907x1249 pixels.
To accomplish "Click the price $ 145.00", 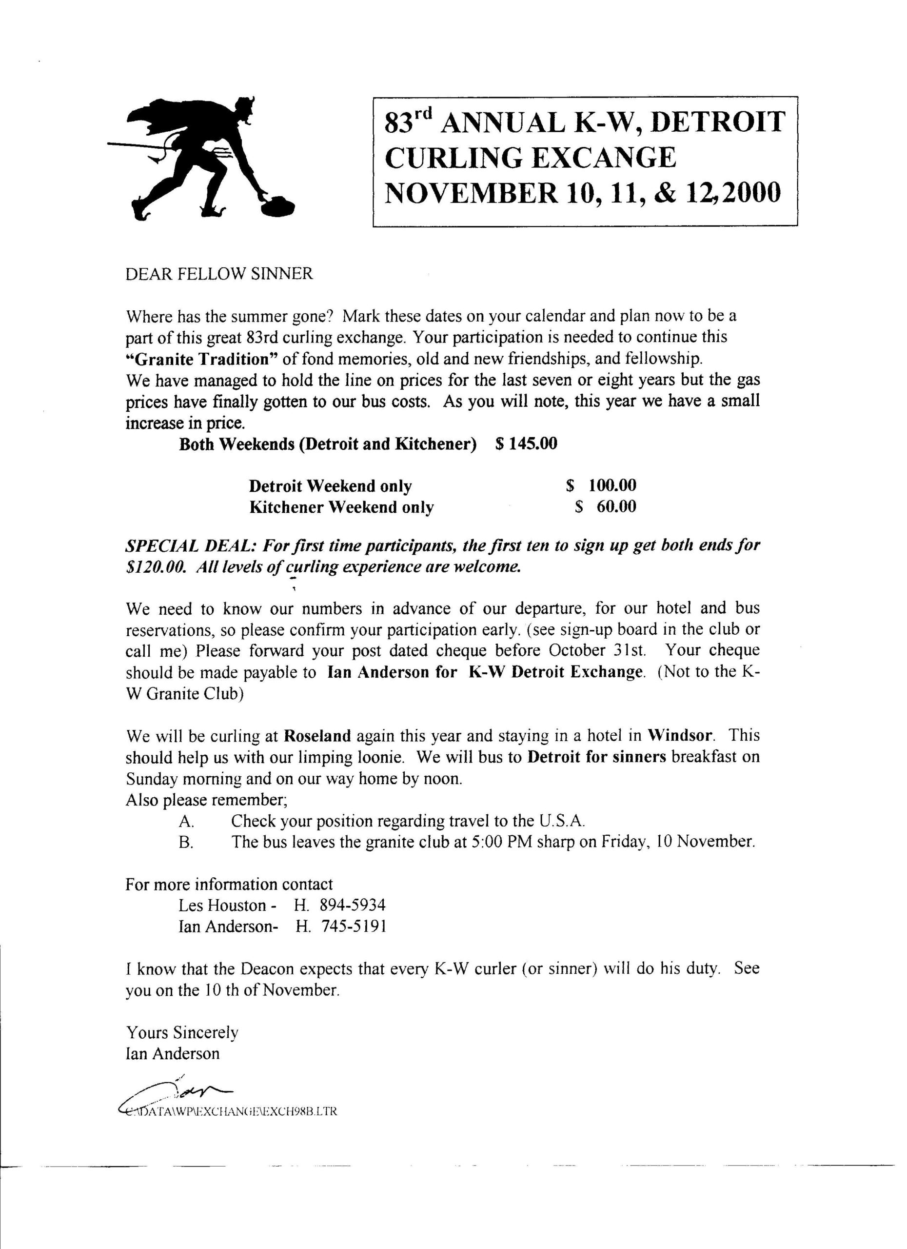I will coord(526,444).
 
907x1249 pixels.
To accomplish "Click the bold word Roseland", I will coord(317,736).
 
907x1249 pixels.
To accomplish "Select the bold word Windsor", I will coord(680,736).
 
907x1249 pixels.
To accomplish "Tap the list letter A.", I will coord(186,822).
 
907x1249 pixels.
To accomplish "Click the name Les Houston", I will coord(222,906).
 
